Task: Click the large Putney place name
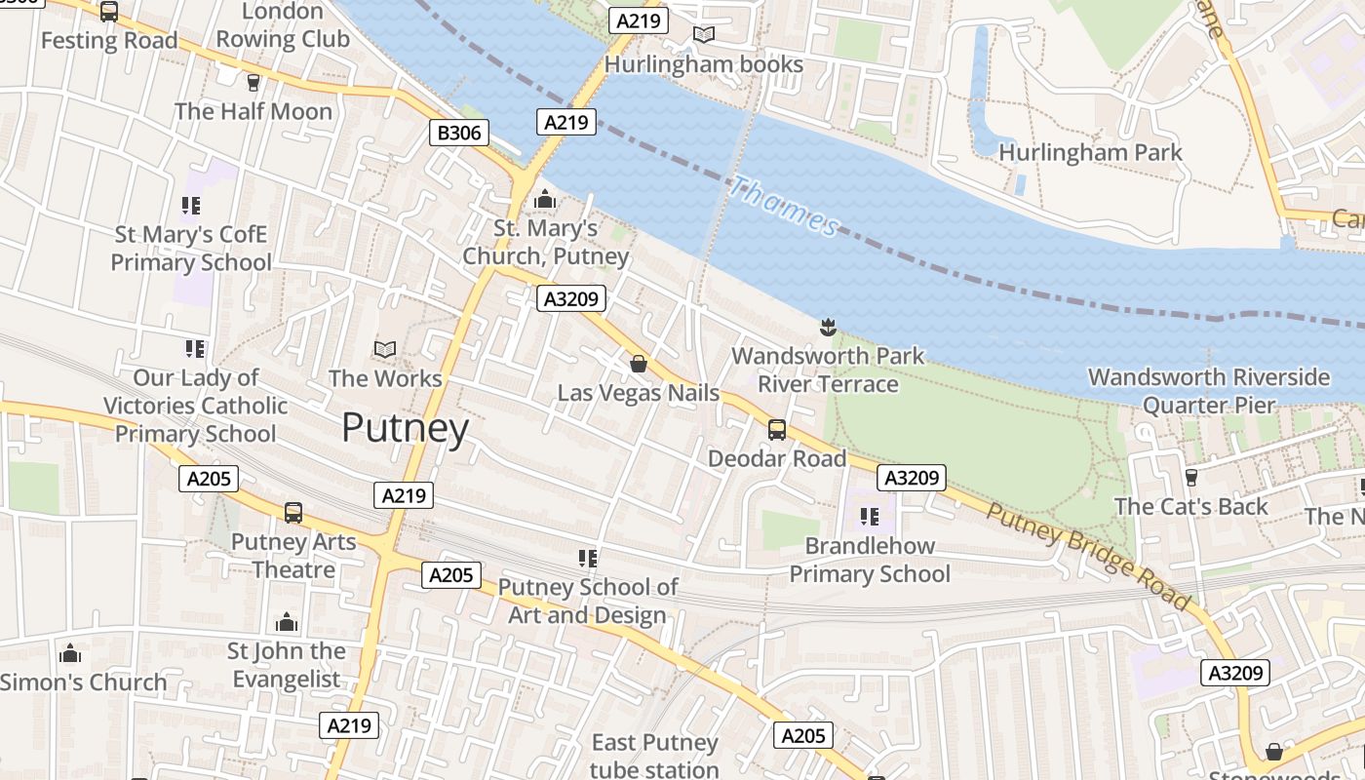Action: pos(405,428)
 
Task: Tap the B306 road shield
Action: pos(458,133)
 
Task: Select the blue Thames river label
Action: pos(784,206)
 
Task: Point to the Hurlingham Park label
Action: pos(1090,153)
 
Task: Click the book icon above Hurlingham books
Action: pos(703,35)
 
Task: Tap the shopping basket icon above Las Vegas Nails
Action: pos(639,364)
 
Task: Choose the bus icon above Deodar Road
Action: pos(777,429)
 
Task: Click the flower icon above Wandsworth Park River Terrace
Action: pos(828,327)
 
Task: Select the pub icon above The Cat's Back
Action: pos(1190,477)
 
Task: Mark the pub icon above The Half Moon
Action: pos(253,82)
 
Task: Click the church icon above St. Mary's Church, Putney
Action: pos(544,200)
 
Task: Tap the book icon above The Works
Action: pos(385,349)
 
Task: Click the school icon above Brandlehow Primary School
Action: pos(870,516)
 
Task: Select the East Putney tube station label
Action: pos(654,756)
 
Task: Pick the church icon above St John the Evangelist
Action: pos(286,622)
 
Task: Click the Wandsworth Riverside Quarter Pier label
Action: pos(1208,390)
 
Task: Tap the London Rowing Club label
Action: pos(282,25)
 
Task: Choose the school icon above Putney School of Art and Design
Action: pos(587,558)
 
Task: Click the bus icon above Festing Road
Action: pos(109,12)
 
